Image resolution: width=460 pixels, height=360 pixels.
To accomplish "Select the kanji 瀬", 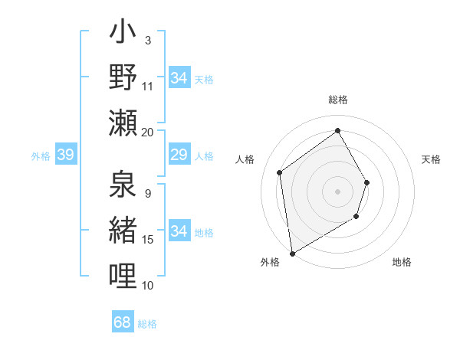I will [x=123, y=123].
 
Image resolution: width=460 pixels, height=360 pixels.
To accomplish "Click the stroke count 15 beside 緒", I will [x=148, y=240].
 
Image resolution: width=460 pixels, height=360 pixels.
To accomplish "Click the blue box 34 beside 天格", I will [x=179, y=78].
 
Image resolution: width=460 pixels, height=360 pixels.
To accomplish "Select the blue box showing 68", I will [x=123, y=322].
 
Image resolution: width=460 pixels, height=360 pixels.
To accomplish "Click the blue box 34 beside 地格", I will [x=179, y=231].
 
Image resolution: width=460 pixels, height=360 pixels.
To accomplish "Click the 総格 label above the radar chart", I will [x=337, y=100].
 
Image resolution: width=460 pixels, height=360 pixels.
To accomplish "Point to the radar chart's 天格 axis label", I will [x=432, y=159].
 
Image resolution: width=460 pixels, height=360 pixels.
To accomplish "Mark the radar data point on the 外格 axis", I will [x=292, y=253].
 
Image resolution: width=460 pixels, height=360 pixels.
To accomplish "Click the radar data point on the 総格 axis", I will [x=337, y=130].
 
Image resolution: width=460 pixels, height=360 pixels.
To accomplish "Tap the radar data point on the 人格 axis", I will [x=280, y=172].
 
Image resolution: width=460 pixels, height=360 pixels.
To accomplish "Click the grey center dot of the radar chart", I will [x=337, y=191].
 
